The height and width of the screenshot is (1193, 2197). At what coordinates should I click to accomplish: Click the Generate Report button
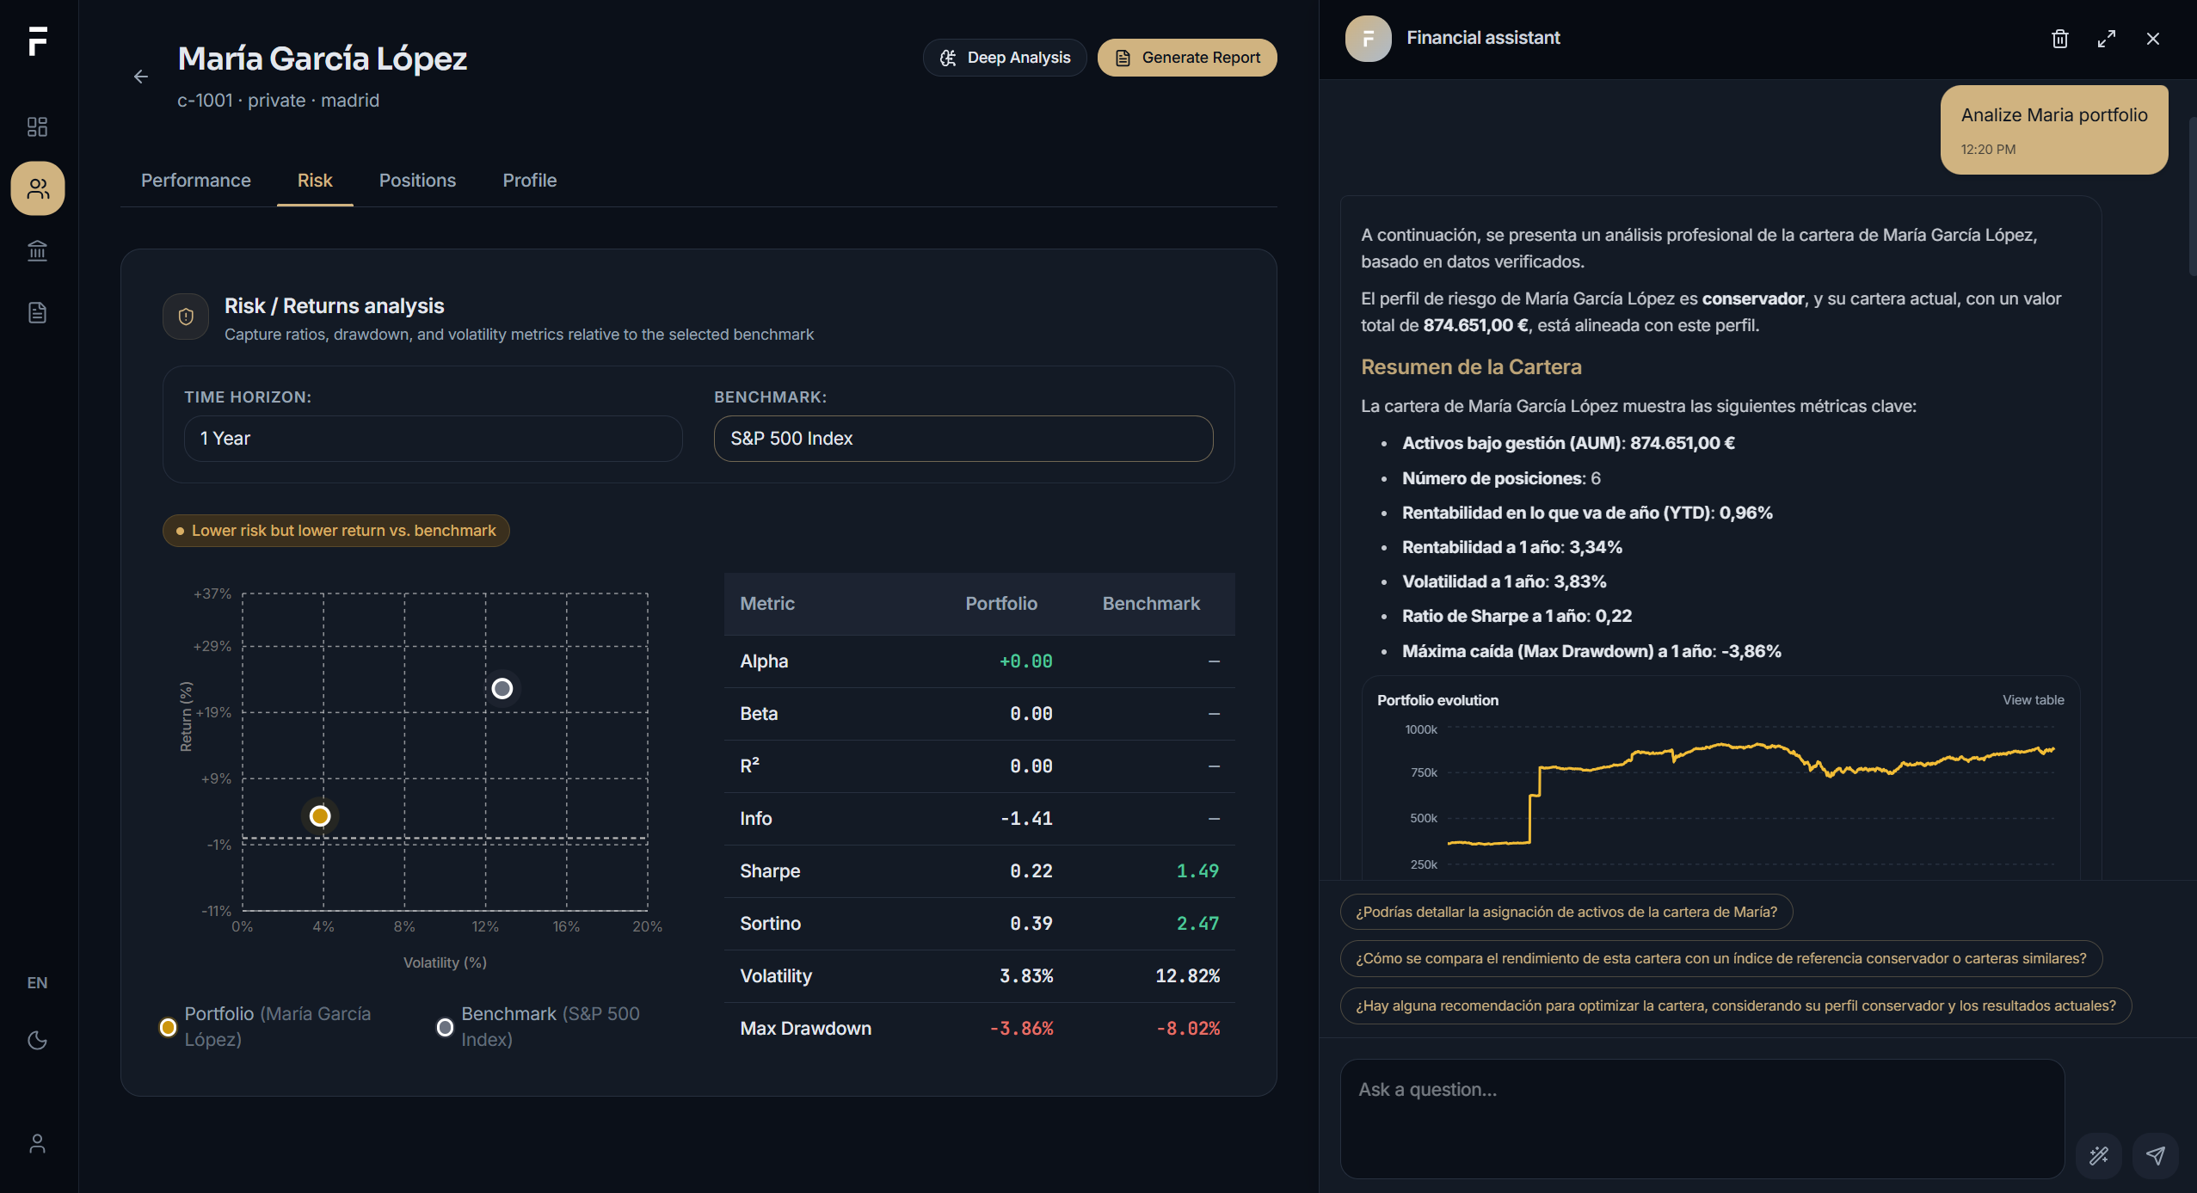(x=1187, y=58)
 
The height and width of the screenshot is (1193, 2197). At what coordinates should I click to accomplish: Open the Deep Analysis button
(x=1005, y=58)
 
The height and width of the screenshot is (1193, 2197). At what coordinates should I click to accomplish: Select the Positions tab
(x=417, y=181)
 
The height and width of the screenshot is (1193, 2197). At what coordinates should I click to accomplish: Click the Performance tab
(x=196, y=181)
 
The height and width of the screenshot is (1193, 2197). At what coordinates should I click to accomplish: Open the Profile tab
(x=530, y=181)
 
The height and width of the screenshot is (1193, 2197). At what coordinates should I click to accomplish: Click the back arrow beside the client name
(x=141, y=77)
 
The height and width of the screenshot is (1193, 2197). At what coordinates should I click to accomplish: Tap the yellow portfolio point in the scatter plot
(x=320, y=816)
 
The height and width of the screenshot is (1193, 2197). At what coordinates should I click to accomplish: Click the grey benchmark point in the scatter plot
(x=502, y=689)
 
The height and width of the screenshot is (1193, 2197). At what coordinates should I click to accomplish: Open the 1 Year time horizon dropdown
(x=434, y=439)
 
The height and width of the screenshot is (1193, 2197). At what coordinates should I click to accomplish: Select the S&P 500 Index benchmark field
(x=963, y=439)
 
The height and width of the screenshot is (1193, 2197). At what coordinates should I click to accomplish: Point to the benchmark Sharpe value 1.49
(x=1197, y=871)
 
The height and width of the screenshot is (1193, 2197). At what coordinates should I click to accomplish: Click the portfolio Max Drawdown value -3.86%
(x=1021, y=1029)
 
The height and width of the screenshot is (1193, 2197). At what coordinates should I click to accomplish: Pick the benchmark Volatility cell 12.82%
(x=1187, y=976)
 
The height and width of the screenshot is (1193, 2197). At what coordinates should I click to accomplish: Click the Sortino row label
(x=771, y=924)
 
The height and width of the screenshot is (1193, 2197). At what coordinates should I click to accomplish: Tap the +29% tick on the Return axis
(x=212, y=646)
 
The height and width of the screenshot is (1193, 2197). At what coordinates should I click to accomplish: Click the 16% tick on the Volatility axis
(x=566, y=926)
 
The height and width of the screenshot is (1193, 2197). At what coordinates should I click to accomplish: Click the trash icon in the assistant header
(x=2060, y=39)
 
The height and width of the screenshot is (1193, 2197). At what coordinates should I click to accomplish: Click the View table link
(x=2034, y=700)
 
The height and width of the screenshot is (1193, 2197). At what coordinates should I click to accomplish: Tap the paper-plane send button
(x=2156, y=1155)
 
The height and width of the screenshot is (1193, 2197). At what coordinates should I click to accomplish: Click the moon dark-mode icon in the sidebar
(x=37, y=1041)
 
